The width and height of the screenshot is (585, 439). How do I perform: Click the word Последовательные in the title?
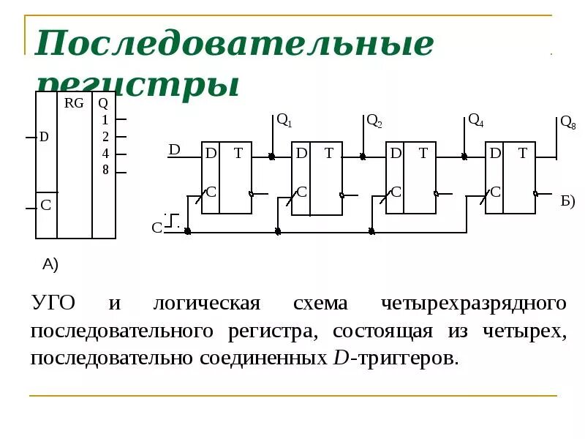pos(234,44)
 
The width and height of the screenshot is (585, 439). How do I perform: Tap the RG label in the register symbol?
pos(74,103)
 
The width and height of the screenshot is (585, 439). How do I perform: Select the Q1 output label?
pos(284,121)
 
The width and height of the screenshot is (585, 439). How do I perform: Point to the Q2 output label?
pos(374,121)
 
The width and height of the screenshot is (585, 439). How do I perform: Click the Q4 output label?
pos(475,120)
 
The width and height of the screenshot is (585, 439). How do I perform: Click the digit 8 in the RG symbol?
pos(105,170)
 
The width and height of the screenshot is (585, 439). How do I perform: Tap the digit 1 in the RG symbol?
pos(105,120)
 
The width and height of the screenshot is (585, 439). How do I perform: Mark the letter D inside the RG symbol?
pos(44,137)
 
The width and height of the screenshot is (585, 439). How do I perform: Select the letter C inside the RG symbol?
pos(45,206)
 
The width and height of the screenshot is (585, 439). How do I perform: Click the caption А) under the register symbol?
pos(50,263)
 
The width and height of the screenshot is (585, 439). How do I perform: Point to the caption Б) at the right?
pos(568,201)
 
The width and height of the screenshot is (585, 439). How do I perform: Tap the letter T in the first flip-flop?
pos(238,153)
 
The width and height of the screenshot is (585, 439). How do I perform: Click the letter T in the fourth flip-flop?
pos(522,153)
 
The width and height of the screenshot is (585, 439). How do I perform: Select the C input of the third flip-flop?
pos(396,192)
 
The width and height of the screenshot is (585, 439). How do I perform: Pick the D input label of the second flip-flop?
pos(301,153)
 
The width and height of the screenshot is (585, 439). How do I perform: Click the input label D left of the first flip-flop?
pos(174,149)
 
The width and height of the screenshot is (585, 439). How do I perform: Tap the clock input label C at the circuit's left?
pos(156,228)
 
